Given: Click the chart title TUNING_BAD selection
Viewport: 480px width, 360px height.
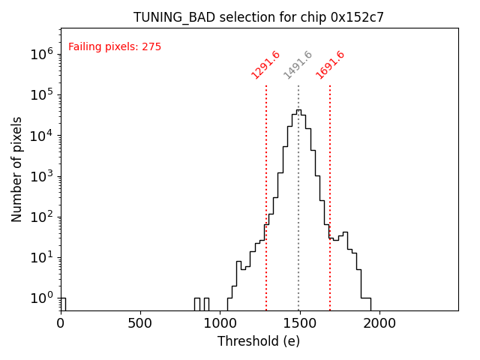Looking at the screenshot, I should click(x=259, y=17).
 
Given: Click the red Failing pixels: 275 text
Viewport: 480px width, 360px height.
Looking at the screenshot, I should click(x=115, y=47).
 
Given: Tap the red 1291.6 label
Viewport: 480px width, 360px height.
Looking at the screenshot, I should click(x=265, y=65).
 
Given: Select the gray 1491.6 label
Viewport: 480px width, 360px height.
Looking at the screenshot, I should click(x=298, y=65).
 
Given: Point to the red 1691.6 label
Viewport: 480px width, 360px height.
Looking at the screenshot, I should click(x=330, y=65).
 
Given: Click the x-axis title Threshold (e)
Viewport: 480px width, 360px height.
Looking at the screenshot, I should click(x=259, y=341).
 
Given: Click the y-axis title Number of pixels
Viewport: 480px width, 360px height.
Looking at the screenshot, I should click(x=17, y=169).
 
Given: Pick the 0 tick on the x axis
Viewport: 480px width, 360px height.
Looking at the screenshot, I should click(x=61, y=323).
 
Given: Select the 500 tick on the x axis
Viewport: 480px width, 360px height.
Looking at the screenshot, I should click(x=140, y=323).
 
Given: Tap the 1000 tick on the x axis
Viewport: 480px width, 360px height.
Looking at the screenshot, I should click(x=220, y=323).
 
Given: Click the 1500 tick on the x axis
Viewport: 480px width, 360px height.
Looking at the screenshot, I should click(x=299, y=323).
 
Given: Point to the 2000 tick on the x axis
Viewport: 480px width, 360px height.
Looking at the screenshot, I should click(x=379, y=323).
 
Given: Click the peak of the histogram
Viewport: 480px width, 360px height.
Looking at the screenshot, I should click(x=298, y=110).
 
